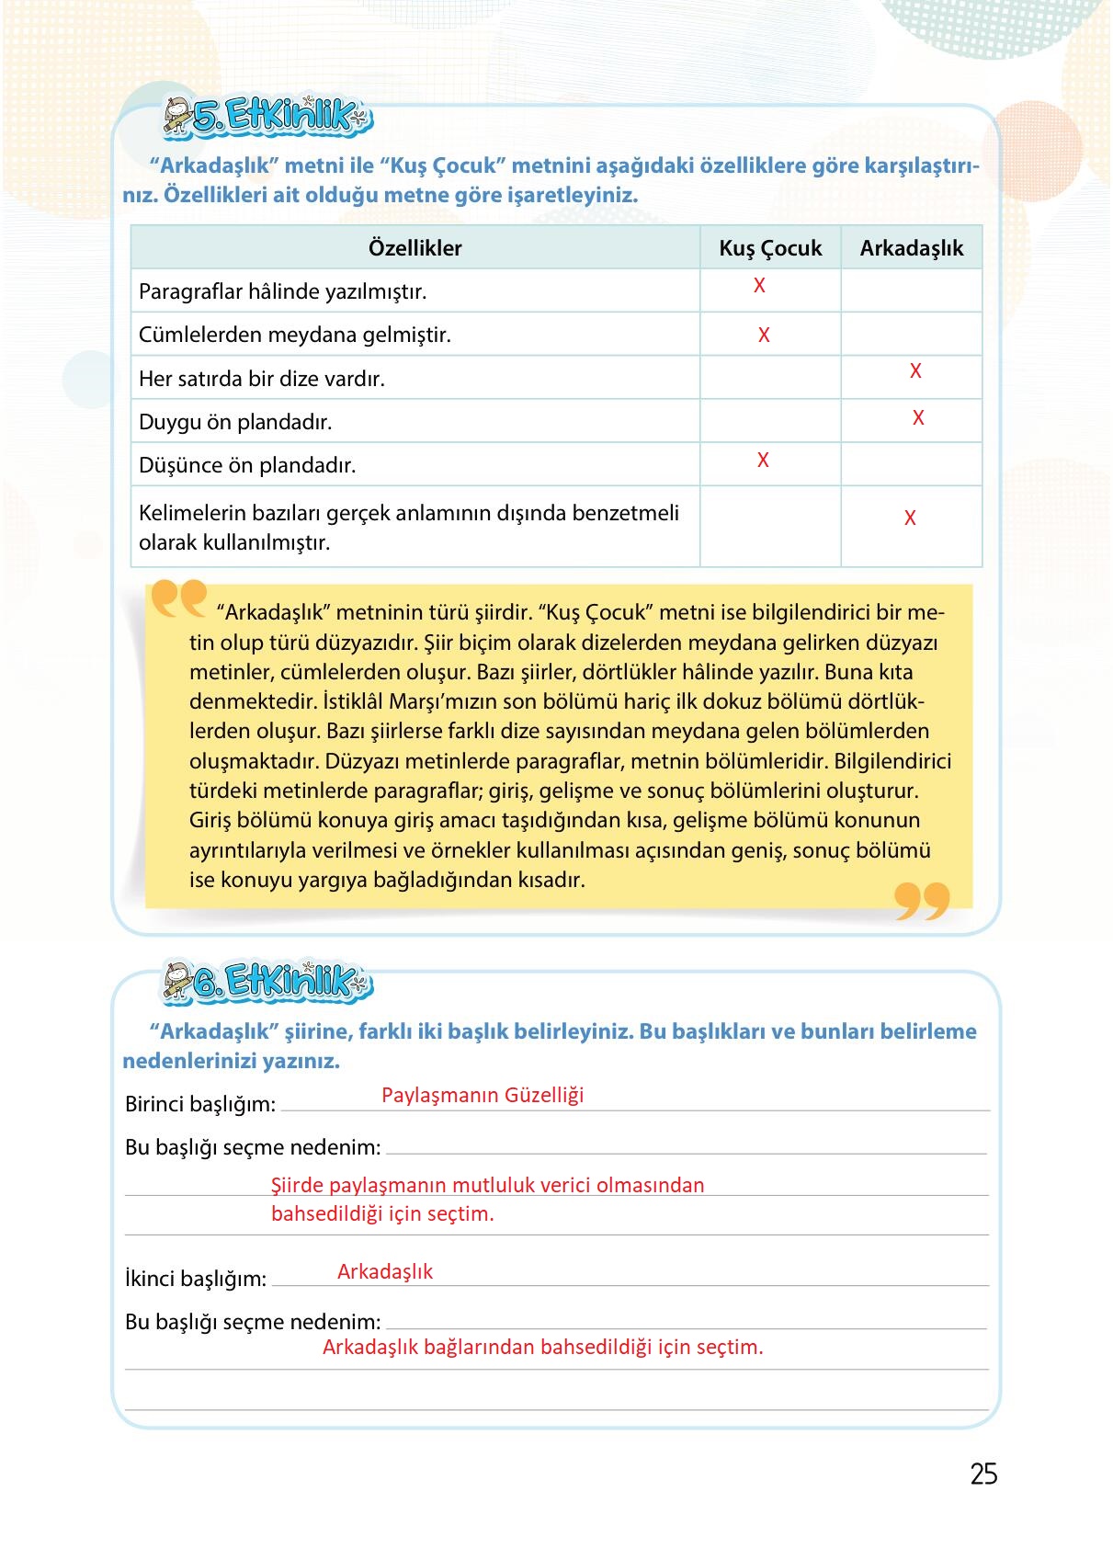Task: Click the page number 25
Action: [983, 1474]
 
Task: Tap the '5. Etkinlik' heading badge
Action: [267, 117]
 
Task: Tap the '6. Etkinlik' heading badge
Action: [267, 982]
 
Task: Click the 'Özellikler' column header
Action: [415, 248]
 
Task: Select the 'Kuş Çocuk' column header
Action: [770, 248]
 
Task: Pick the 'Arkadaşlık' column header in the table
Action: [912, 248]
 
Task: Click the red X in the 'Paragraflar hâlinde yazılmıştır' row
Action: [759, 286]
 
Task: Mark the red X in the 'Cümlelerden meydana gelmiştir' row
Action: [764, 336]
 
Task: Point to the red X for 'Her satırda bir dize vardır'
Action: [915, 371]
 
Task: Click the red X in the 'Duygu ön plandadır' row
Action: [918, 418]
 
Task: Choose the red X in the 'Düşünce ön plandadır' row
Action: [763, 461]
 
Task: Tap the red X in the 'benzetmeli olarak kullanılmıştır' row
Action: [910, 518]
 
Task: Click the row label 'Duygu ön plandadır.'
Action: [235, 422]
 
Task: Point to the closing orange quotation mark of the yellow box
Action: [922, 901]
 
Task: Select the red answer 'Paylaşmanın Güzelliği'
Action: [483, 1095]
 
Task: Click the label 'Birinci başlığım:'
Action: [200, 1104]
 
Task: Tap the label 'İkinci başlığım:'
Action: [196, 1279]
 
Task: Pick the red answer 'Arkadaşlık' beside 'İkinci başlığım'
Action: [385, 1271]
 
